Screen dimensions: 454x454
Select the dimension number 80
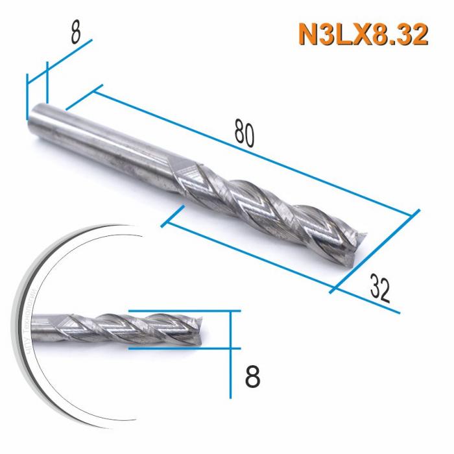pos(245,134)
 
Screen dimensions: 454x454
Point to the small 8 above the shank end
pos(77,32)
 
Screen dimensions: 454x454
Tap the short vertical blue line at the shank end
pos(27,97)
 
